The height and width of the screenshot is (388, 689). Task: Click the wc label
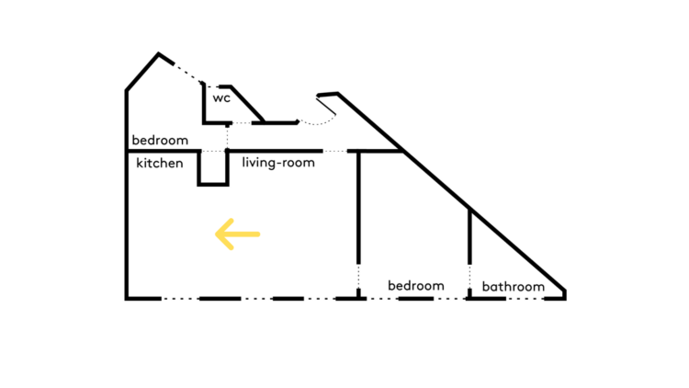tap(221, 97)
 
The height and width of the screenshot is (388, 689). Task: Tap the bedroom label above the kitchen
tap(160, 141)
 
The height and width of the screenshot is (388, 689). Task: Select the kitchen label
tap(160, 164)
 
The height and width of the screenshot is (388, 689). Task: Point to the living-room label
tap(278, 164)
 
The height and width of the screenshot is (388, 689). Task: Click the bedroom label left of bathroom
tap(415, 286)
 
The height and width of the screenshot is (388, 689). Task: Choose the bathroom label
tap(513, 287)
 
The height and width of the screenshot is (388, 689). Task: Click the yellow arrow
tap(237, 234)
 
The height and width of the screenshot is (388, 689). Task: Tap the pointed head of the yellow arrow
tap(218, 234)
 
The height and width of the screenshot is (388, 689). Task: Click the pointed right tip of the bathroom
tap(564, 293)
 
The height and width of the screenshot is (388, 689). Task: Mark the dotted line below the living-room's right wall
tap(358, 279)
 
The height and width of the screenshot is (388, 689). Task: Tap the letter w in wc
tap(218, 97)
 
